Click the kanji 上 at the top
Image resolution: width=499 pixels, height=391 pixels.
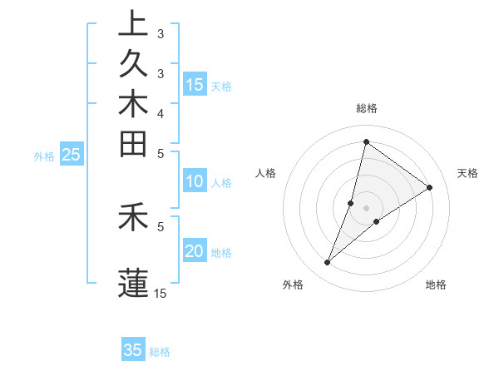point(133,23)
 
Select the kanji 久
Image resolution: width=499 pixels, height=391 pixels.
point(133,65)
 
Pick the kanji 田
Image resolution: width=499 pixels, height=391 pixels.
point(133,144)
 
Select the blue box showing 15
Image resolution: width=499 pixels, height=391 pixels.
point(195,85)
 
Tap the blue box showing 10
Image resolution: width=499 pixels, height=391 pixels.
point(195,182)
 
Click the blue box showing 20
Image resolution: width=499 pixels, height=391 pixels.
point(195,252)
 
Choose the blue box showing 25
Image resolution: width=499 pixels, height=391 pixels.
point(72,155)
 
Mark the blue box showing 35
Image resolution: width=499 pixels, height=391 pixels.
point(133,350)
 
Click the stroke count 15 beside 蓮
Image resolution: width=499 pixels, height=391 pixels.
point(161,293)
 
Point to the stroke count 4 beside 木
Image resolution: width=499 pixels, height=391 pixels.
point(161,113)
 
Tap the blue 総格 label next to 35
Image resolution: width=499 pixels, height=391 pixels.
point(160,352)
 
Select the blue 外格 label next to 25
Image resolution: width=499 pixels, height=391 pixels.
point(44,156)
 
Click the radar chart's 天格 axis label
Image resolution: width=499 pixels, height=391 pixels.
point(467,173)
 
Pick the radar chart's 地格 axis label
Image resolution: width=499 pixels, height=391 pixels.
point(436,285)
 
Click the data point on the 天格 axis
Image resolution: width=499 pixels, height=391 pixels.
point(430,188)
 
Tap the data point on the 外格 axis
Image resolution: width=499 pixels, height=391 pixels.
point(328,263)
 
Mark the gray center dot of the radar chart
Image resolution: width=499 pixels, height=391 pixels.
point(366,208)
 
